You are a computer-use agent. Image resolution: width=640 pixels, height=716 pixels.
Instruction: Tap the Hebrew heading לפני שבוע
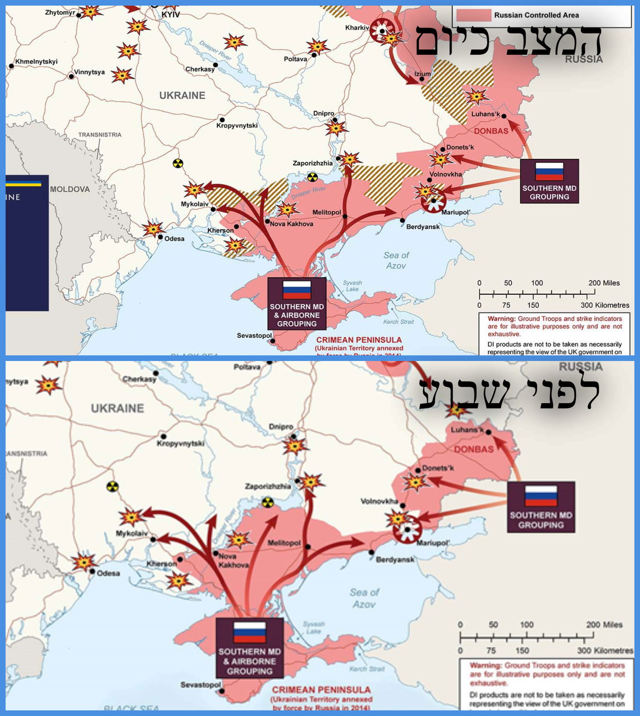pyautogui.click(x=509, y=393)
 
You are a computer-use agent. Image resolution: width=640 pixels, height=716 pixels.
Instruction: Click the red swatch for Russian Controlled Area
pyautogui.click(x=473, y=15)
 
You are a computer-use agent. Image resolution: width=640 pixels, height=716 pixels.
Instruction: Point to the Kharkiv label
pyautogui.click(x=357, y=28)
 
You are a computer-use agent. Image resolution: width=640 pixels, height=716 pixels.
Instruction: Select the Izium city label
pyautogui.click(x=422, y=74)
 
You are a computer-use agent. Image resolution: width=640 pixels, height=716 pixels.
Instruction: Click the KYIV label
pyautogui.click(x=171, y=15)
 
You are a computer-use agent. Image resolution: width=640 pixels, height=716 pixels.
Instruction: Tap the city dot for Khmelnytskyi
pyautogui.click(x=11, y=66)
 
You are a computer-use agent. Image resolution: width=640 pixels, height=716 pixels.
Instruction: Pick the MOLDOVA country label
pyautogui.click(x=70, y=189)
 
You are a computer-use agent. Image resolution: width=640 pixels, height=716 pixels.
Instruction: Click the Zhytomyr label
pyautogui.click(x=59, y=12)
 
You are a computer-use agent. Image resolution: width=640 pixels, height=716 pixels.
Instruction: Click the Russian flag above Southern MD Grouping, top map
pyautogui.click(x=549, y=172)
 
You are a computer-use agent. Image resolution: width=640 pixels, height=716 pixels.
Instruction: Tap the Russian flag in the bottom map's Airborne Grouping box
pyautogui.click(x=250, y=632)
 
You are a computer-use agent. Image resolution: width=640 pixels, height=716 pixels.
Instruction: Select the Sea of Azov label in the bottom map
pyautogui.click(x=364, y=598)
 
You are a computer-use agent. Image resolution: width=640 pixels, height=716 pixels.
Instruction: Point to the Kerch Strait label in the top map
pyautogui.click(x=398, y=322)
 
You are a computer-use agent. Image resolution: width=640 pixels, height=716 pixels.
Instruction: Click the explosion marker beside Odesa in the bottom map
pyautogui.click(x=84, y=562)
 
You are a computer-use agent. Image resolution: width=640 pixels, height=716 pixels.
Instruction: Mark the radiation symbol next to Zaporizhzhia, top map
pyautogui.click(x=312, y=177)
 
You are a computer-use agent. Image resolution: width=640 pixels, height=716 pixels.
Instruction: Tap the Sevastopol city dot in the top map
pyautogui.click(x=273, y=341)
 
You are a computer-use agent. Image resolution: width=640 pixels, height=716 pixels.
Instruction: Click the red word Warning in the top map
pyautogui.click(x=501, y=319)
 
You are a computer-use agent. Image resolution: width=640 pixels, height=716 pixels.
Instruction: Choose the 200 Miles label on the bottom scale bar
pyautogui.click(x=604, y=624)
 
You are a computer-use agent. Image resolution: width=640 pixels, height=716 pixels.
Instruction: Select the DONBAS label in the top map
pyautogui.click(x=491, y=131)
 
